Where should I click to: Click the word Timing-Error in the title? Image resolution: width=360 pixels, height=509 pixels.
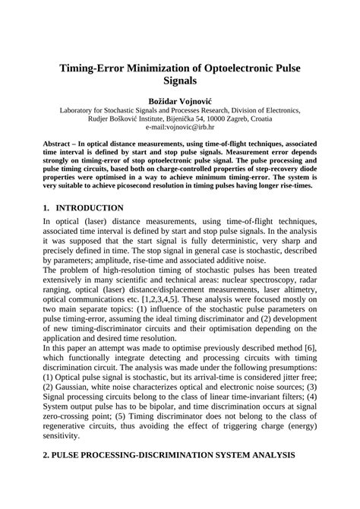98,68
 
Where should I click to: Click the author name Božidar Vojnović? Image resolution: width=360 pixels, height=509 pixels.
180,100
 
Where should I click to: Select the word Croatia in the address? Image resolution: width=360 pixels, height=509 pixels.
288,119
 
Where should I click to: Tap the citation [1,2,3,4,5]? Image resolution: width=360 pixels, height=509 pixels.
162,299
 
